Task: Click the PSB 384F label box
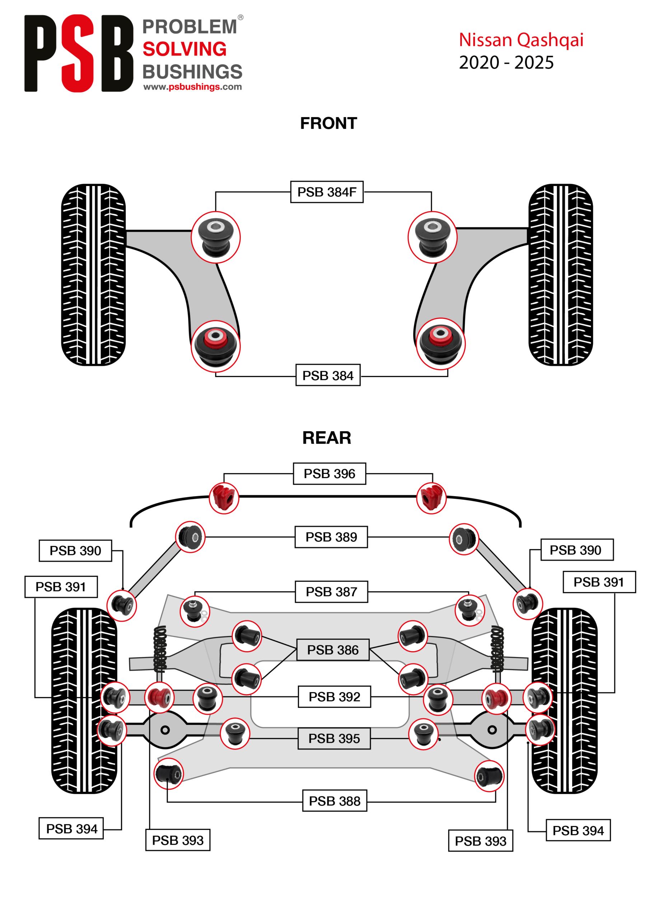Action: click(x=327, y=192)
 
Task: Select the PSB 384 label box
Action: click(x=328, y=375)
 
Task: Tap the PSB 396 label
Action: click(x=329, y=474)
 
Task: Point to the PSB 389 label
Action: click(x=331, y=537)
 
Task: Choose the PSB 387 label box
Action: click(x=331, y=592)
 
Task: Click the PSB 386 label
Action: click(x=333, y=650)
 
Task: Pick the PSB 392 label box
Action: click(x=334, y=697)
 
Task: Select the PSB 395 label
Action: click(x=334, y=738)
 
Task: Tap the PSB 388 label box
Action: click(x=335, y=801)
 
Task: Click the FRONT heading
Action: click(x=329, y=123)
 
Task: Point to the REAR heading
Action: click(x=327, y=438)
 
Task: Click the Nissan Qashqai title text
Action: click(x=521, y=40)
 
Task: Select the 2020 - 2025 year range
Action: click(x=506, y=63)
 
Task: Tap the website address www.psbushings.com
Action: click(x=192, y=87)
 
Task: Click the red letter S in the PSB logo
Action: click(x=77, y=53)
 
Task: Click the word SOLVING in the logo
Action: click(x=184, y=49)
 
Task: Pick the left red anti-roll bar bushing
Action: click(x=224, y=498)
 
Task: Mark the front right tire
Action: click(x=561, y=275)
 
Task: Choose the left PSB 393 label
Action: click(x=178, y=840)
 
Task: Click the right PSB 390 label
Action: click(x=577, y=550)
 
